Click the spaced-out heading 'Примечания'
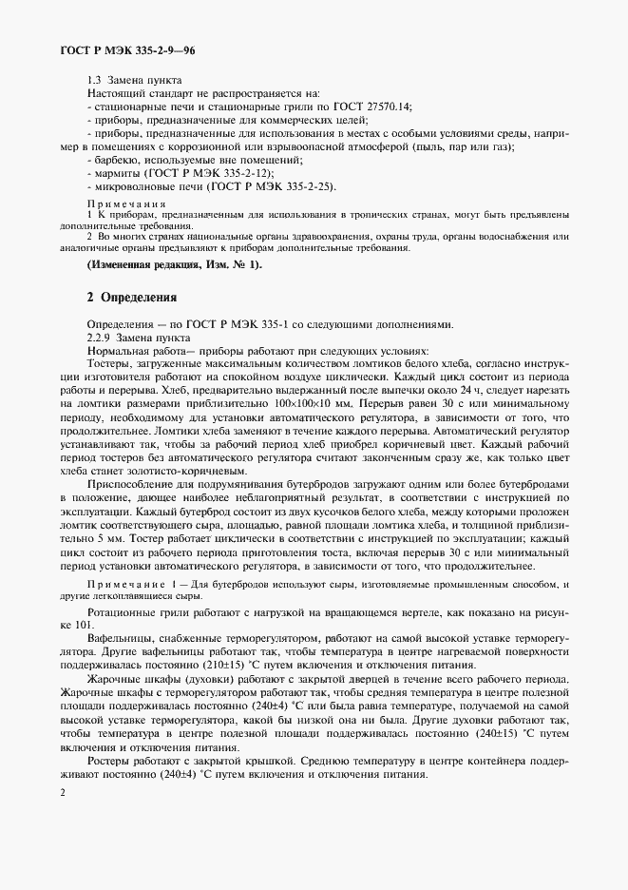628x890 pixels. click(x=126, y=204)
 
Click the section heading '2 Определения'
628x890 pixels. click(x=132, y=298)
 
